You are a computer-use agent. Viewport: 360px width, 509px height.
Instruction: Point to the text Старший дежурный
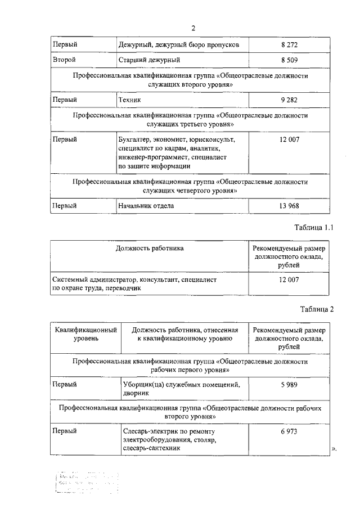(150, 59)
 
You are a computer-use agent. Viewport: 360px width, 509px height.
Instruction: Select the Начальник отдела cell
(146, 206)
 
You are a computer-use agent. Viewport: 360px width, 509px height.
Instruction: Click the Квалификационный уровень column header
(86, 335)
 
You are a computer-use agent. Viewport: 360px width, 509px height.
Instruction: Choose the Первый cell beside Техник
(65, 100)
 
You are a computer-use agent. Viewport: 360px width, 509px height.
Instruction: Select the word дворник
(135, 394)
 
